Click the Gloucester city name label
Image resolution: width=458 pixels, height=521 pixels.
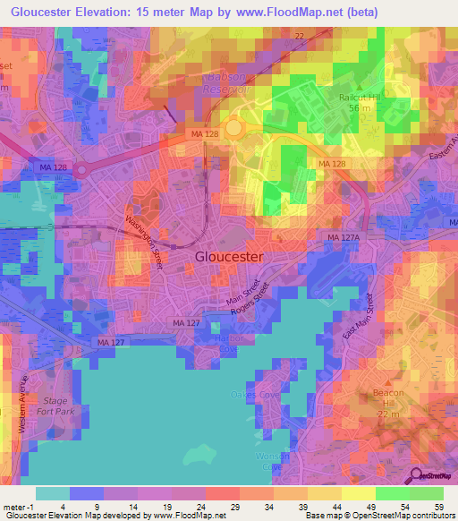[x=229, y=256]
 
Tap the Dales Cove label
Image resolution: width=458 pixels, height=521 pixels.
[x=255, y=395]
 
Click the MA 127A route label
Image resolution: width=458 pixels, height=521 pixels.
[x=343, y=237]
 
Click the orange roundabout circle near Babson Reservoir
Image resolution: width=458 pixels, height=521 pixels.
[x=234, y=128]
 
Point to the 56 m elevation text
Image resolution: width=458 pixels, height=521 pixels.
[x=360, y=107]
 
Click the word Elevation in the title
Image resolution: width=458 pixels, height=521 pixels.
[x=113, y=12]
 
